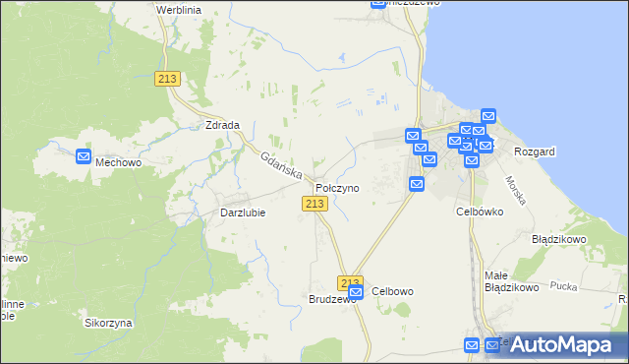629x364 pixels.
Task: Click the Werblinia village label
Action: pyautogui.click(x=178, y=8)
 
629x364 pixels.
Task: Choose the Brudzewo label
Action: pyautogui.click(x=331, y=299)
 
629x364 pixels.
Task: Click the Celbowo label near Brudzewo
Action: pyautogui.click(x=392, y=291)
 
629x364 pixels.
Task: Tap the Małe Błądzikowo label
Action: pyautogui.click(x=511, y=281)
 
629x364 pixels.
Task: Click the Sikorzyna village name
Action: pyautogui.click(x=108, y=323)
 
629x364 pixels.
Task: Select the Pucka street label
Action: pyautogui.click(x=563, y=286)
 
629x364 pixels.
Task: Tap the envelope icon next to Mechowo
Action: pyautogui.click(x=84, y=155)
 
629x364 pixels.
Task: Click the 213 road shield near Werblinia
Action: pyautogui.click(x=166, y=80)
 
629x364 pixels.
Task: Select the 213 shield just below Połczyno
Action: pyautogui.click(x=314, y=203)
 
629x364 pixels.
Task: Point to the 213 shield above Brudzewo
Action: pyautogui.click(x=350, y=281)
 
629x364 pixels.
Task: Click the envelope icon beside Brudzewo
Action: pyautogui.click(x=356, y=292)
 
